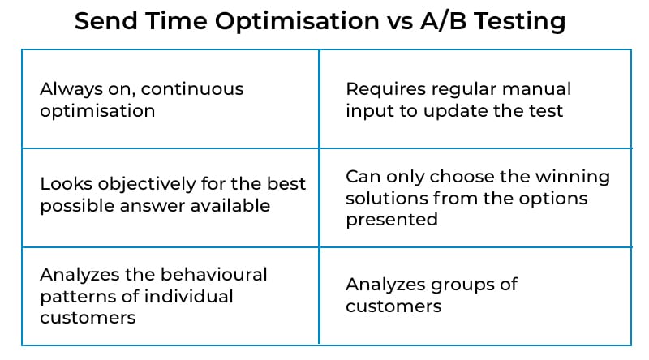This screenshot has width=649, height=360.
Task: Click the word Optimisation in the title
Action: [x=297, y=22]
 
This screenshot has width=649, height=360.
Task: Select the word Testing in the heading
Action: [x=520, y=22]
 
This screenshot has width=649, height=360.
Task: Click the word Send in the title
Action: [x=106, y=21]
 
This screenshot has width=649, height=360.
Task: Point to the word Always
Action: [x=71, y=90]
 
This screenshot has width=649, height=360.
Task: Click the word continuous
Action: [x=192, y=89]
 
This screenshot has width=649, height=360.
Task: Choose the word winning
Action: [x=573, y=178]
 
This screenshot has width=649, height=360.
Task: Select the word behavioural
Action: [x=213, y=275]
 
